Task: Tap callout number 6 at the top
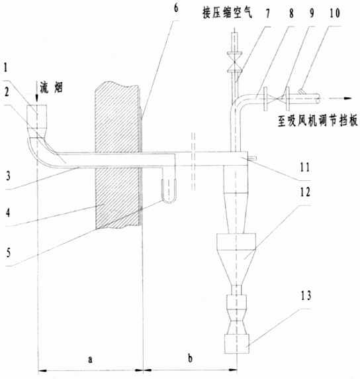tap(176, 8)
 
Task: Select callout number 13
tap(306, 296)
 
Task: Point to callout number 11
tap(304, 167)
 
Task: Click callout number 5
tap(9, 253)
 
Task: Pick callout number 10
tap(334, 13)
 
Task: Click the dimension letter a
tap(90, 359)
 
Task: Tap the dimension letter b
tap(191, 358)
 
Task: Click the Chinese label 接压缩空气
tap(227, 13)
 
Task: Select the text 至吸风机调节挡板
tap(318, 120)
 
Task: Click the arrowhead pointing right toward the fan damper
tap(347, 98)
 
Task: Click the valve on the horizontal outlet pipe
tap(277, 98)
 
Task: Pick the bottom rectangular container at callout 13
tap(237, 343)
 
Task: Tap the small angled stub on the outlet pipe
tap(302, 91)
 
